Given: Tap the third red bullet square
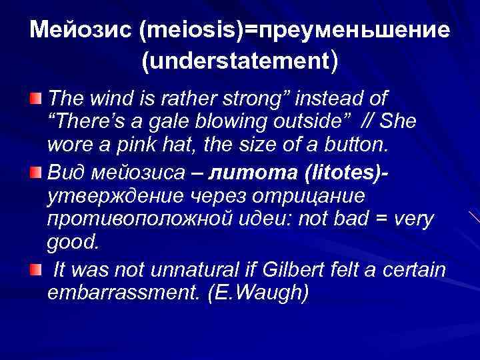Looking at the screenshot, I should [x=35, y=269].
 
